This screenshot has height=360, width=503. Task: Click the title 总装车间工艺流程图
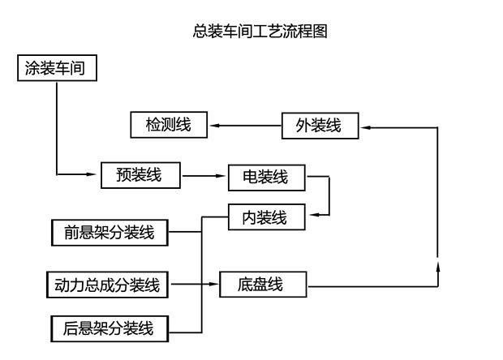(260, 32)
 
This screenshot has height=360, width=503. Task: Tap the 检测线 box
(168, 125)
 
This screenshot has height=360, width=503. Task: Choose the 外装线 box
(319, 126)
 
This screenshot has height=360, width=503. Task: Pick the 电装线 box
(265, 177)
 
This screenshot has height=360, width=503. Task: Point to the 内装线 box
(265, 216)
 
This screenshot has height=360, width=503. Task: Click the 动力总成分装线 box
(108, 285)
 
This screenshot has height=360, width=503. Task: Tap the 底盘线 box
(261, 285)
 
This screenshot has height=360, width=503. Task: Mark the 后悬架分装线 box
(109, 328)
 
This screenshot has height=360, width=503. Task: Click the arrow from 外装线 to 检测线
(244, 126)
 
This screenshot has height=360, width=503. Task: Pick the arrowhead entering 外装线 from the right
(365, 126)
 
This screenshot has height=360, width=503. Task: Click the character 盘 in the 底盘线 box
(261, 285)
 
